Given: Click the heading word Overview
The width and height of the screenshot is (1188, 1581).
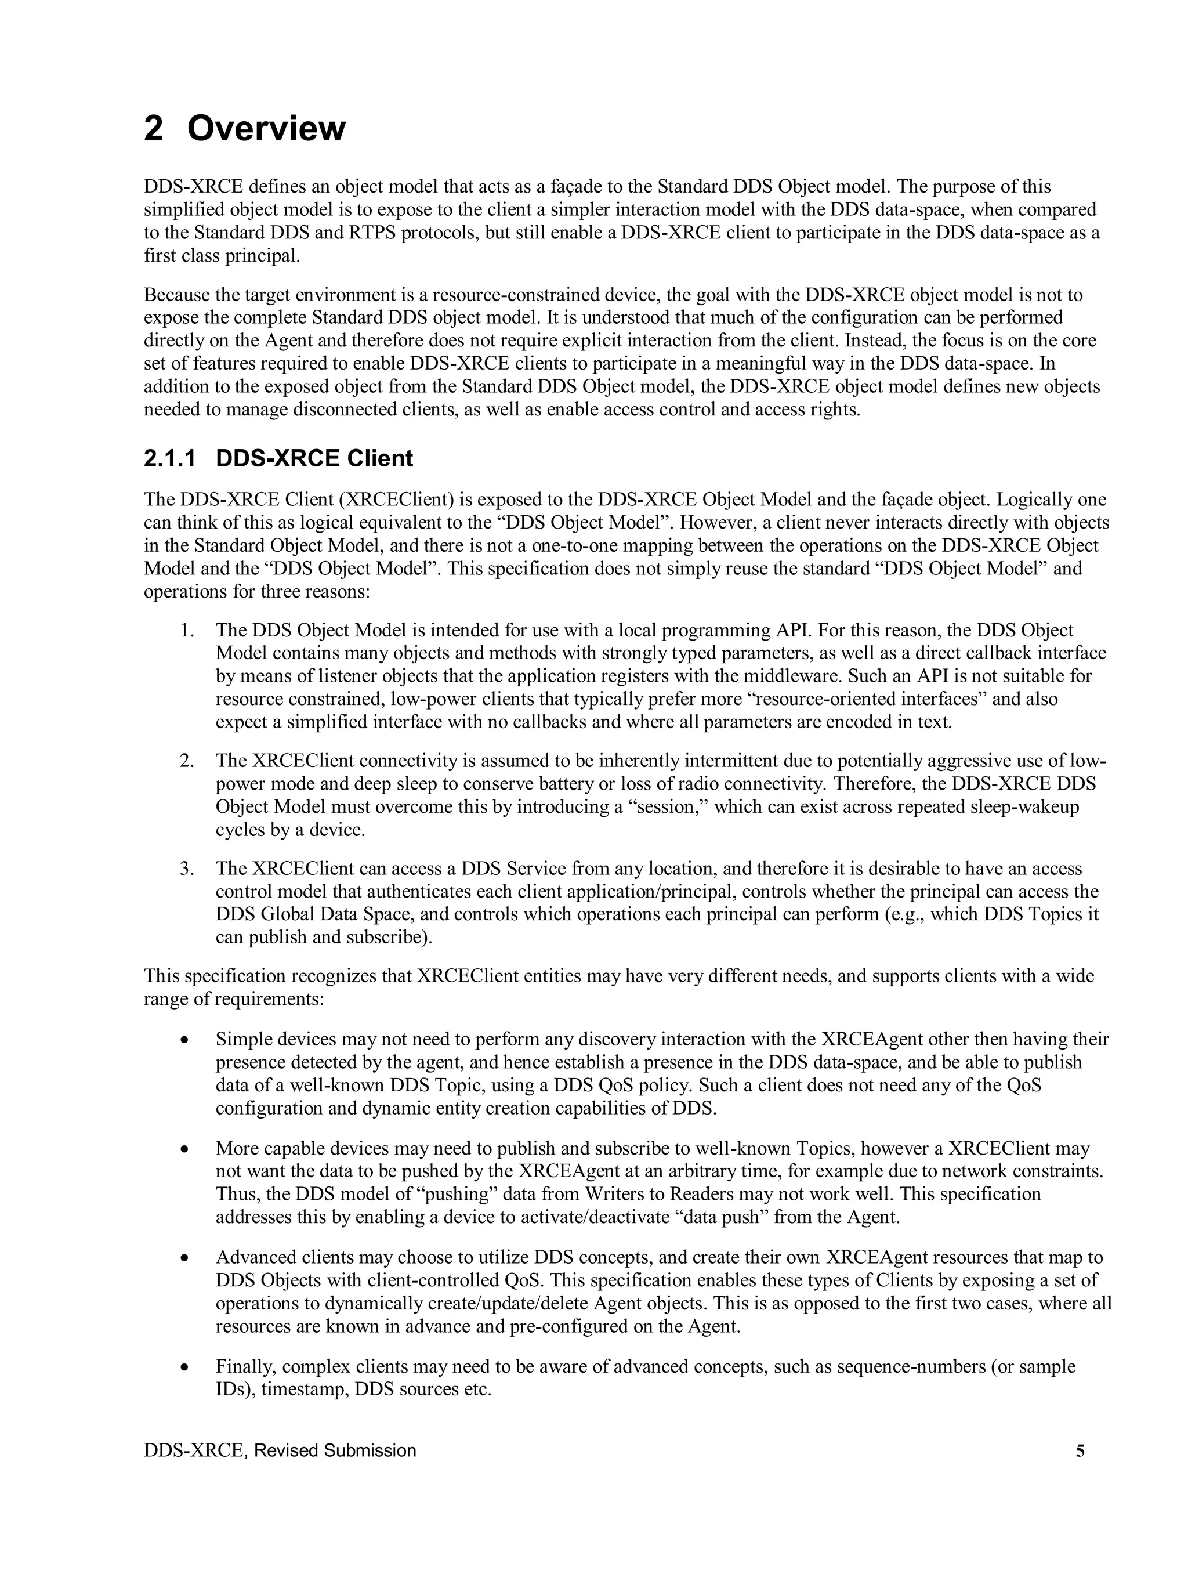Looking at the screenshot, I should click(x=266, y=129).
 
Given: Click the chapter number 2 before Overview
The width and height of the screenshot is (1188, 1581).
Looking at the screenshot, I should click(x=154, y=129).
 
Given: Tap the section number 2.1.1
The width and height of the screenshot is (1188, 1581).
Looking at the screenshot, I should click(x=169, y=458).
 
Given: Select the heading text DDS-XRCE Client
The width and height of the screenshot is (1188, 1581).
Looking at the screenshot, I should click(x=314, y=458).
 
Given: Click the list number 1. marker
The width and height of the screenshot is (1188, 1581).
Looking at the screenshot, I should click(x=187, y=631).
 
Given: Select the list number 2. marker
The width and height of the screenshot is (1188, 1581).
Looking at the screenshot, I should click(x=187, y=761).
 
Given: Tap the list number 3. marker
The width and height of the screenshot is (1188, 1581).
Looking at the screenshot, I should click(x=187, y=869).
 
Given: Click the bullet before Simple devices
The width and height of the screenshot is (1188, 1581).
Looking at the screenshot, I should click(x=185, y=1040).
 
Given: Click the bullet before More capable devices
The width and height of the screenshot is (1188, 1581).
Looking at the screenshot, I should click(x=185, y=1149).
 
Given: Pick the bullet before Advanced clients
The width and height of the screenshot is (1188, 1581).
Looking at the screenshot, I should click(x=185, y=1258).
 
